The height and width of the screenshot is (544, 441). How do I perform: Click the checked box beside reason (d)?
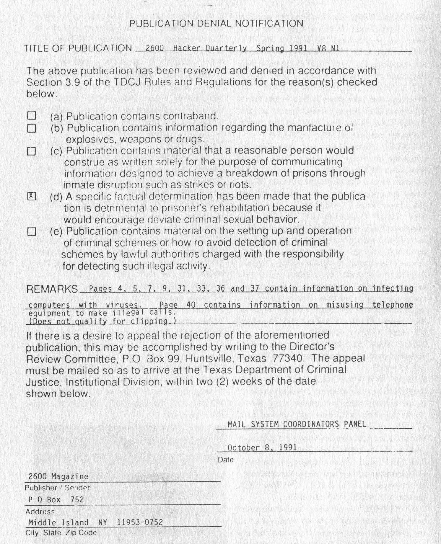32,197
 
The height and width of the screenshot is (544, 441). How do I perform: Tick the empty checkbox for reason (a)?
32,116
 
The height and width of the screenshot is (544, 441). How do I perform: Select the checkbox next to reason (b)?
32,128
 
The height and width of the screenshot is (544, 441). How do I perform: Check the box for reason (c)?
32,151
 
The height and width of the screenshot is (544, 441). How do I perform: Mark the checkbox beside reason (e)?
32,232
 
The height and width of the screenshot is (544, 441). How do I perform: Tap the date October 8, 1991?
262,447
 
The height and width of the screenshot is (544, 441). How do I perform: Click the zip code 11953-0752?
140,522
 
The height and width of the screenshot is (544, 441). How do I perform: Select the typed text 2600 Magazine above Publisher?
58,476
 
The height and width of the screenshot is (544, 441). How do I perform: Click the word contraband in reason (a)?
190,116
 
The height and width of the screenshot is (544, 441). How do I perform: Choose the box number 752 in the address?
77,499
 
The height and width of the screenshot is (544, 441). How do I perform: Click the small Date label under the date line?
226,460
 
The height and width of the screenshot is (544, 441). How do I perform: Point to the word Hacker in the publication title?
187,48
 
